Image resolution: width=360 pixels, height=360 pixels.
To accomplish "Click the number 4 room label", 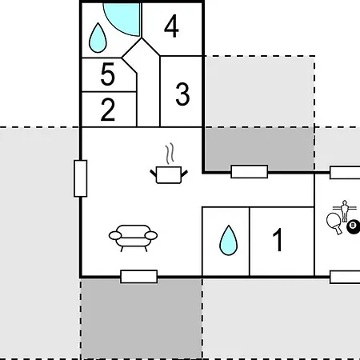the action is pos(171,26).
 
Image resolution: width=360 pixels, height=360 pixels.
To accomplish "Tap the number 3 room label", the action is pos(182,94).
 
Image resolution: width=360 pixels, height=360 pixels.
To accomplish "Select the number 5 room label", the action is pos(108,74).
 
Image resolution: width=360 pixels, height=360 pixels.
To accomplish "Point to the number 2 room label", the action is pos(108,110).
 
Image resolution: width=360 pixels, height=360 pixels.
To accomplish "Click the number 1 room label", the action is pos(278,239).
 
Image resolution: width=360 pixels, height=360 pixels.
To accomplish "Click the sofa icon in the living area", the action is pos(133,238).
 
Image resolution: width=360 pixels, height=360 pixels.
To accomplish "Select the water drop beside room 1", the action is pos(228,241).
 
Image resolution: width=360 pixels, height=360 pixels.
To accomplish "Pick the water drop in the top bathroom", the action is pos(98,38).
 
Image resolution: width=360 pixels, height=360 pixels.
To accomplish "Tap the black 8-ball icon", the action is pos(354,226).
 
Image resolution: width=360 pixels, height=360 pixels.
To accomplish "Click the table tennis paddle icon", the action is pos(334,223).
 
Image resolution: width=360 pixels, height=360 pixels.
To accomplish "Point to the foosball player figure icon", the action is pos(345,210).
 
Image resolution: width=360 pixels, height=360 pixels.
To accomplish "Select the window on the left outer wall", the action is pos(80,178).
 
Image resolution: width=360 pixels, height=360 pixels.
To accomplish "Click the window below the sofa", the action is pos(139,277).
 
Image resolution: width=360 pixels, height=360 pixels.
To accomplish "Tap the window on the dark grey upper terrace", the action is pos(250,171).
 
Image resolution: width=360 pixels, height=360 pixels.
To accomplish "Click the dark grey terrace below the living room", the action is pos(142,318).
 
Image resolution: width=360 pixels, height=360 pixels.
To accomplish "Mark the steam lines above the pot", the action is pos(170,154).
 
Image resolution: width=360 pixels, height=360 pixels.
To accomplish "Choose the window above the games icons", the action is pos(345,173).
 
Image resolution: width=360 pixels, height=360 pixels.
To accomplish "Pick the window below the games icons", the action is pos(345,277).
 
